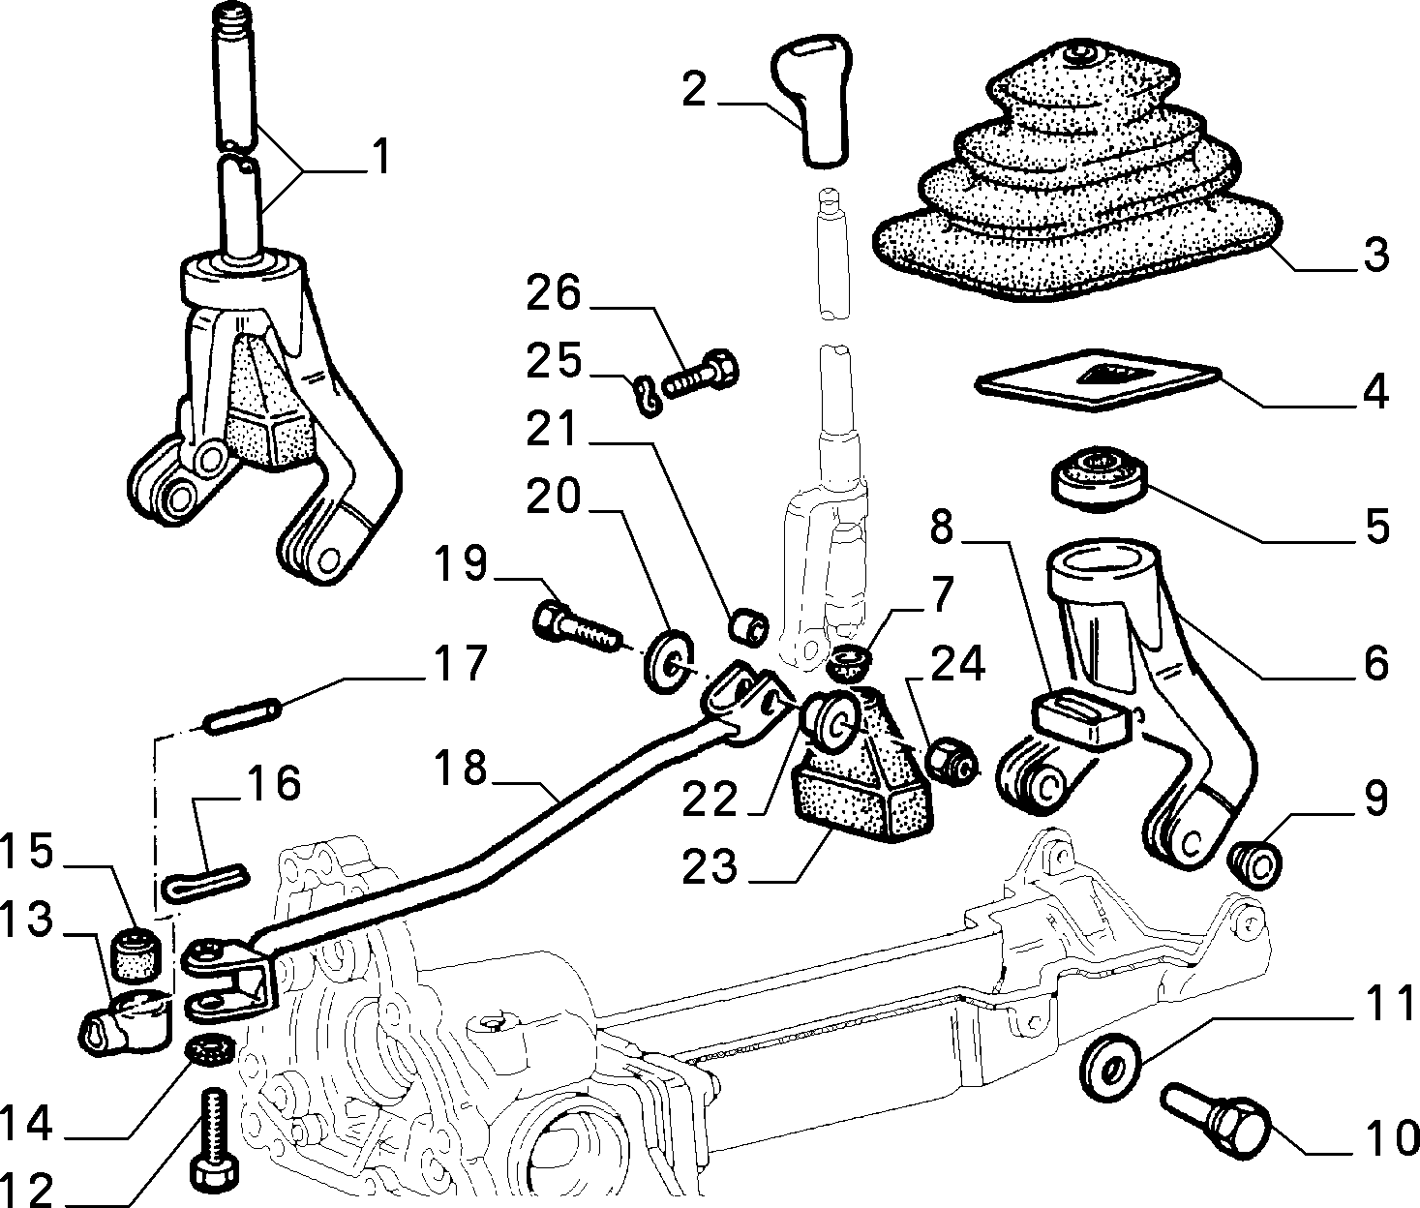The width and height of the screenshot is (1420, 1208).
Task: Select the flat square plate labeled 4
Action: [1097, 380]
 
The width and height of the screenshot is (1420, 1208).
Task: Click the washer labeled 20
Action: [669, 661]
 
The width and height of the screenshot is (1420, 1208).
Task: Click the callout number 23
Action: [710, 865]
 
